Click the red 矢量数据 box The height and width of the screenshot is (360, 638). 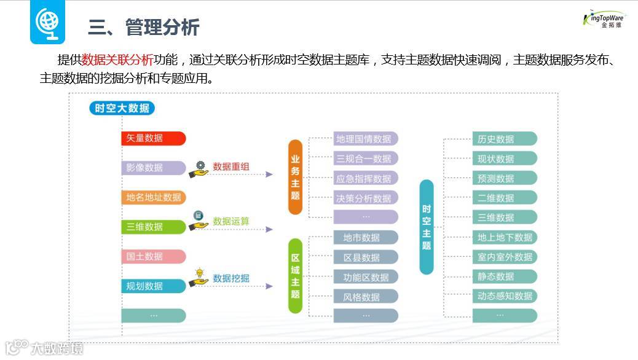tap(153, 138)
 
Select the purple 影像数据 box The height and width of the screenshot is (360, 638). tap(153, 168)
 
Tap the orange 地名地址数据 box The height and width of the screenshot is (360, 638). tap(153, 197)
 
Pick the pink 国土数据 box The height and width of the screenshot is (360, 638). tap(153, 256)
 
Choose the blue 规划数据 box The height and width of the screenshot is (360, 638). tap(153, 286)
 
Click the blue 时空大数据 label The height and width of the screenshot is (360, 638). tap(121, 109)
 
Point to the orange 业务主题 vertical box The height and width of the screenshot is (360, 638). tap(296, 177)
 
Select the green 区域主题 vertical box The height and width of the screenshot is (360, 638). tap(296, 276)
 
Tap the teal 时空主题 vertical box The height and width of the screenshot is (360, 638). tap(427, 227)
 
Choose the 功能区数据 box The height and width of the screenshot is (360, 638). tap(366, 276)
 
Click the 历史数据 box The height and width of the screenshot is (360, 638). tap(504, 139)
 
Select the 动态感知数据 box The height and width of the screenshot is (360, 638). tap(504, 296)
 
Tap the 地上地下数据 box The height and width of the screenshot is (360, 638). tap(504, 237)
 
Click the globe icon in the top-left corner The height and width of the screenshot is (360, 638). tap(48, 22)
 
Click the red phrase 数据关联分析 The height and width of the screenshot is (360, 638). tap(117, 60)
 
